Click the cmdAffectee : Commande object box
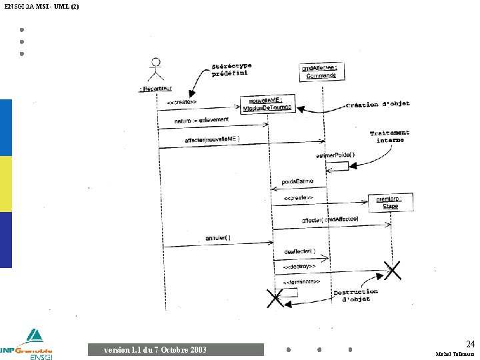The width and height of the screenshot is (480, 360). (320, 71)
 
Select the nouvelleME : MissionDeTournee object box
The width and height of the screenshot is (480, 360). (262, 104)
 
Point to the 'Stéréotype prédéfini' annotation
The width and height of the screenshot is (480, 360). (231, 69)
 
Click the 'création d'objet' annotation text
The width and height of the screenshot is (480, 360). (377, 104)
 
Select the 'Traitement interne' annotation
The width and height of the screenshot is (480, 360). (390, 137)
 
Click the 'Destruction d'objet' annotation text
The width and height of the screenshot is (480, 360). (355, 295)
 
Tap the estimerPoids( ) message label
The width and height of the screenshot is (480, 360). (335, 155)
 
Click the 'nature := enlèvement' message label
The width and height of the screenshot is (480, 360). (201, 120)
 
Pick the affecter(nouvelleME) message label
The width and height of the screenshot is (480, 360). (212, 139)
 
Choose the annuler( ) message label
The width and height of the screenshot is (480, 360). (218, 237)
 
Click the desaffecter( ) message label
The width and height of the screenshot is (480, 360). (299, 251)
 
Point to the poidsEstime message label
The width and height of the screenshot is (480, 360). (297, 181)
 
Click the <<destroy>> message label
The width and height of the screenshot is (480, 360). (299, 267)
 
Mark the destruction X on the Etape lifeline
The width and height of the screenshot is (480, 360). (392, 270)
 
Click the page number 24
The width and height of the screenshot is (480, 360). (470, 344)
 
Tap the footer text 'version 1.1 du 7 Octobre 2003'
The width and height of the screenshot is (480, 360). (155, 349)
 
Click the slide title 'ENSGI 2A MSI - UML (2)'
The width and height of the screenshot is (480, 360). (41, 6)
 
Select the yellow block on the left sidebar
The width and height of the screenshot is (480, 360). (6, 184)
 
